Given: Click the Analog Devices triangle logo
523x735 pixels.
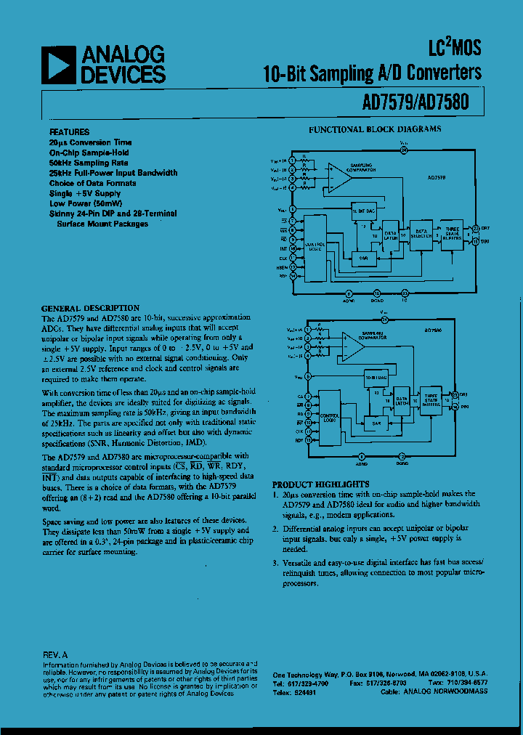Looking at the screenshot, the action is tap(59, 65).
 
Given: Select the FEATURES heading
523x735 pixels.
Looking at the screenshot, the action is tap(70, 132).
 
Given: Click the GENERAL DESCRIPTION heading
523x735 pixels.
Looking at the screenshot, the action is tap(90, 308).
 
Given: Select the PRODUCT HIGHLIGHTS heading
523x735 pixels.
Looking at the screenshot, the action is tap(320, 484).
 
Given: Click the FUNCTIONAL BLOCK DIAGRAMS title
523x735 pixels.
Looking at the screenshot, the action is tap(375, 129).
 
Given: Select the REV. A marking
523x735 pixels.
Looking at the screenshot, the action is tap(55, 654).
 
